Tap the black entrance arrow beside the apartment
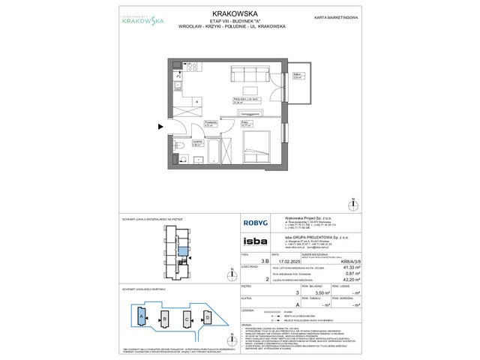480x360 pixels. (160, 126)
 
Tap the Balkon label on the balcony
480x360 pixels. (298, 76)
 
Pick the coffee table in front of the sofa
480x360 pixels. (250, 91)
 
